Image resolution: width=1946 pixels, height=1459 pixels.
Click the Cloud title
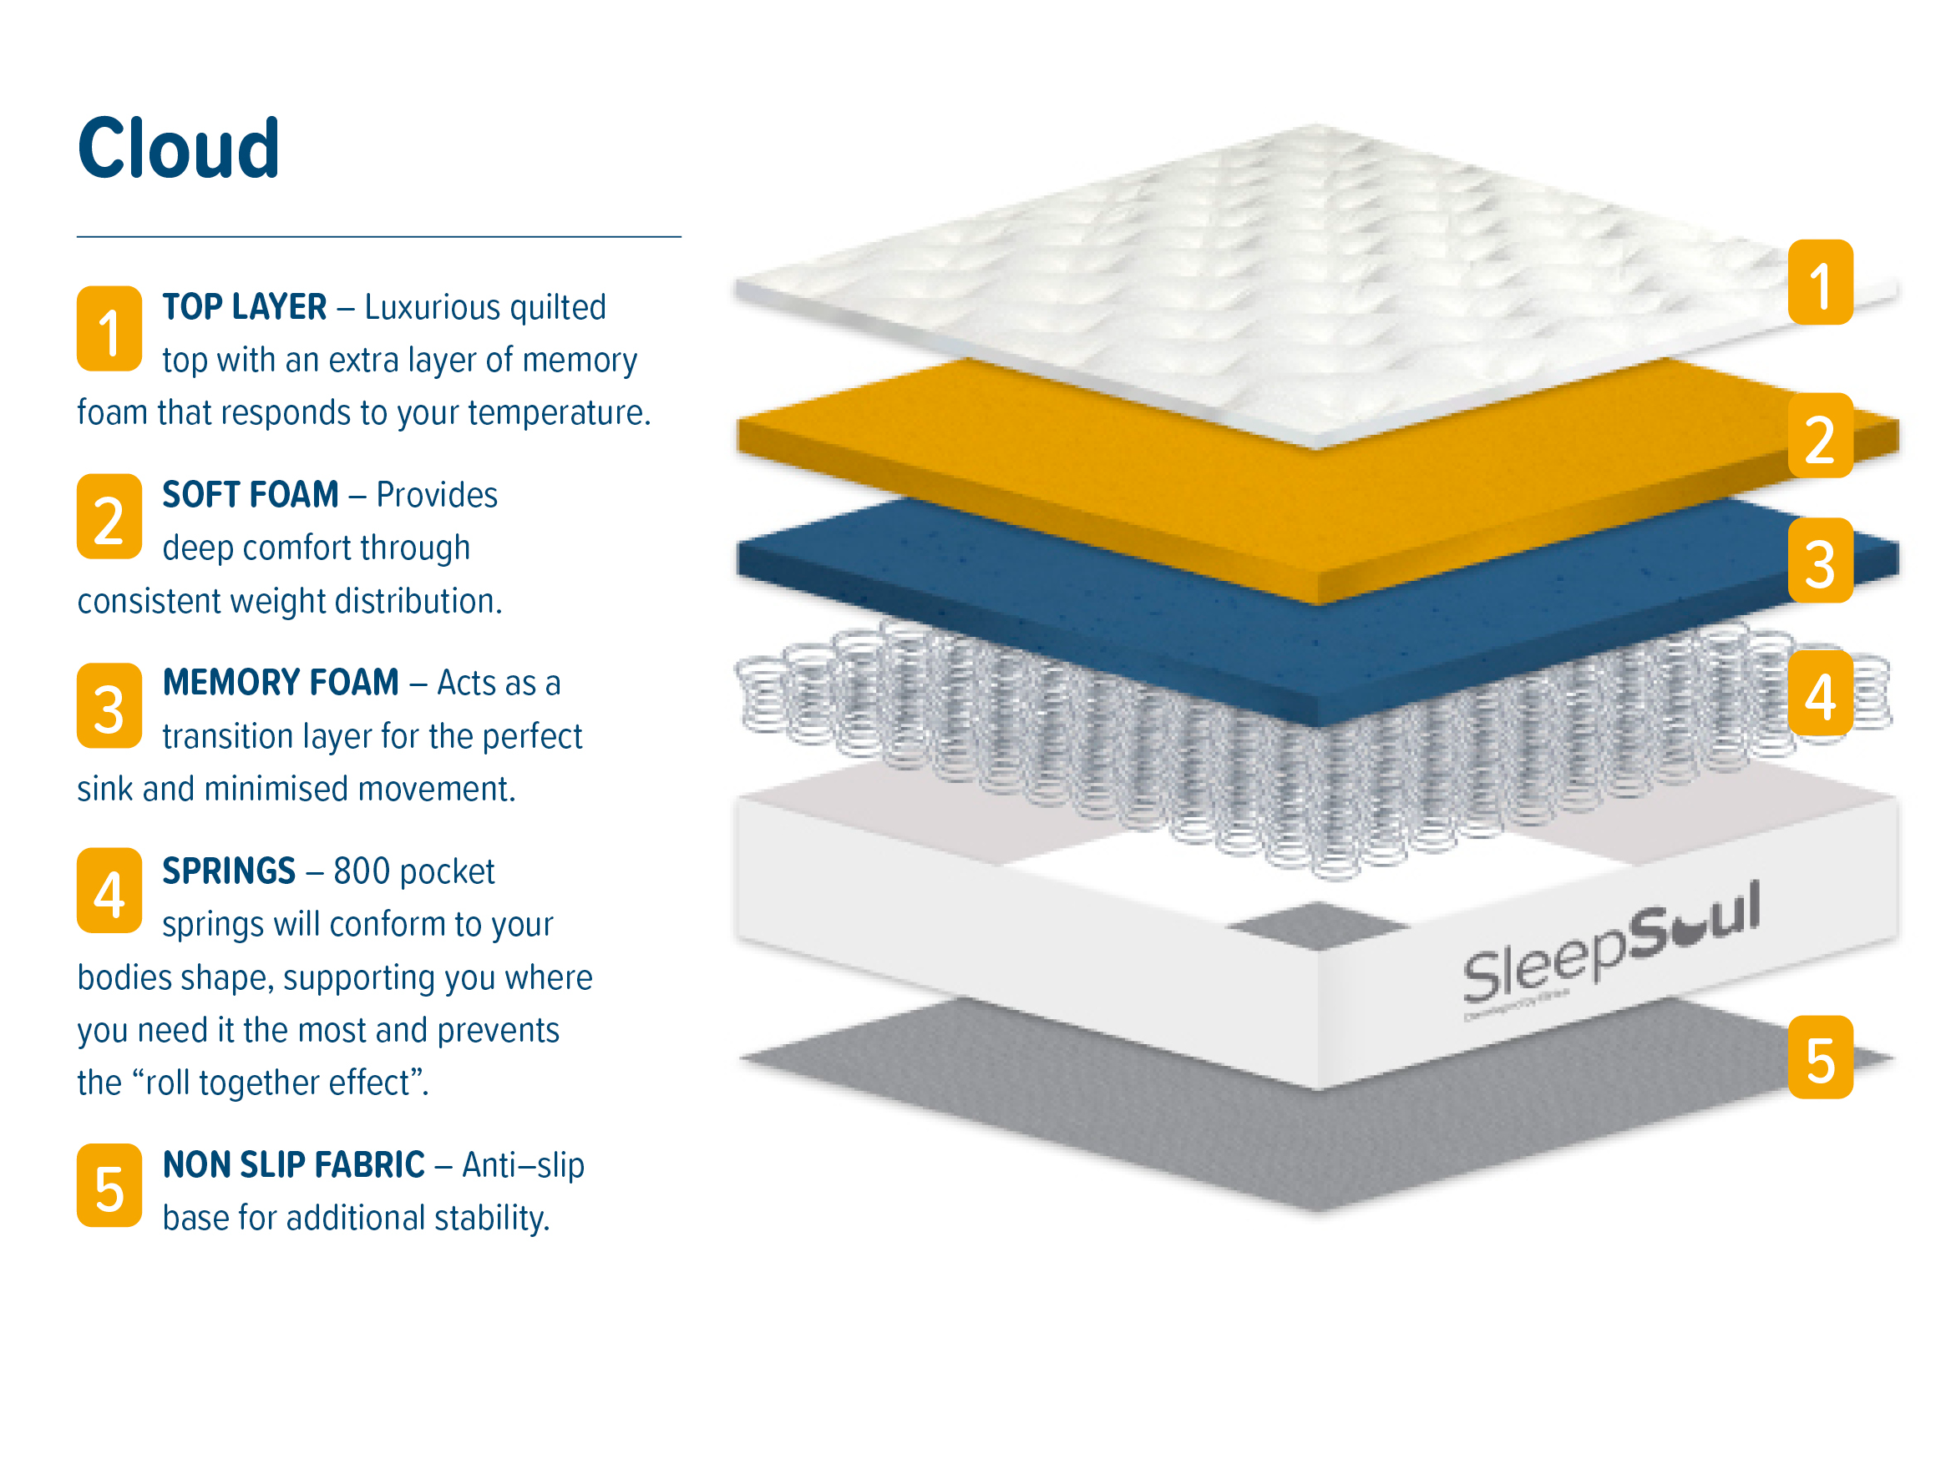(179, 148)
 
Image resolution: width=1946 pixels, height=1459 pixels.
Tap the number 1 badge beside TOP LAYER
(109, 328)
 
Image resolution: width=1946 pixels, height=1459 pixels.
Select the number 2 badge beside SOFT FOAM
(109, 516)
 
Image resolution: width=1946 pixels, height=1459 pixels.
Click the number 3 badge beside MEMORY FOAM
(109, 705)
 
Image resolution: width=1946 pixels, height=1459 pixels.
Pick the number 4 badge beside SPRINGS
(109, 890)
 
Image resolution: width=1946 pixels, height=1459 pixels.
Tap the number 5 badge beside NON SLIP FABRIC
(109, 1184)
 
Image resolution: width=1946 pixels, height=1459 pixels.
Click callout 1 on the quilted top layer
(1820, 282)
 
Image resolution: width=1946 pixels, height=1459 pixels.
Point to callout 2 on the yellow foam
(1820, 436)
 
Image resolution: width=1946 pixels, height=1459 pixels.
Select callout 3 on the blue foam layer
(1820, 560)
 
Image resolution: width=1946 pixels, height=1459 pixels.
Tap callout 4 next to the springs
(1820, 693)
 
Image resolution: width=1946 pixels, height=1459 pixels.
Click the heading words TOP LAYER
(245, 307)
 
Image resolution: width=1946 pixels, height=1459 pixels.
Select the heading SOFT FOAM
(251, 494)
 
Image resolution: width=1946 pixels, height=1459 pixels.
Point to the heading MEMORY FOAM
(281, 683)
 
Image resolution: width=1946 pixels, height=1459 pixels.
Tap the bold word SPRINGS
(229, 871)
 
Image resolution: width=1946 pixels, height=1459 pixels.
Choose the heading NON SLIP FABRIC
(294, 1164)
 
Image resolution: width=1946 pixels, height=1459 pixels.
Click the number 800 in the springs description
(362, 871)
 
